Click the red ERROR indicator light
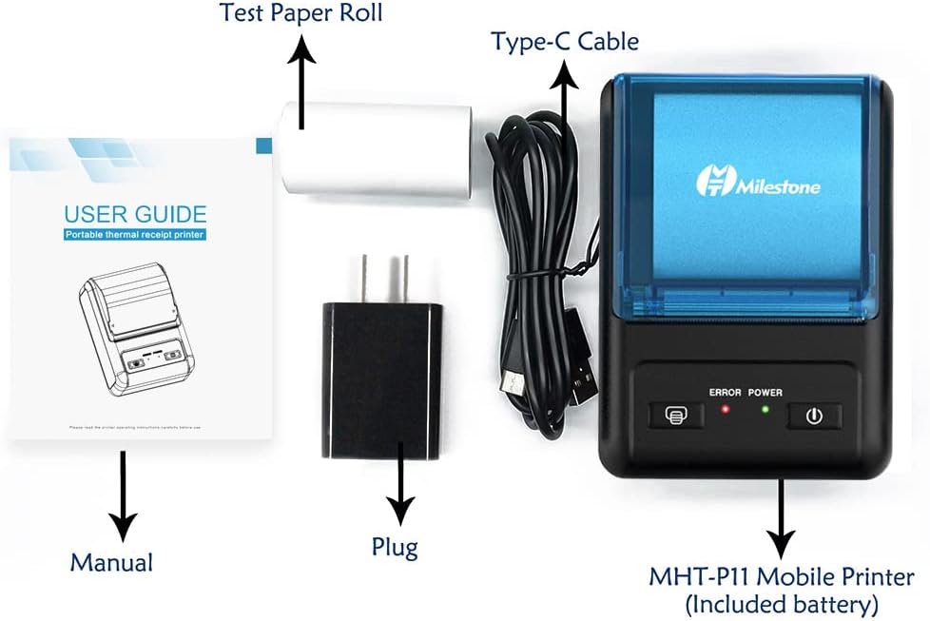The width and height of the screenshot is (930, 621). pyautogui.click(x=725, y=411)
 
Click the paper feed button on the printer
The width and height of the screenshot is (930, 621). pyautogui.click(x=675, y=416)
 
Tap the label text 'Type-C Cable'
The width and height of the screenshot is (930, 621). pyautogui.click(x=564, y=42)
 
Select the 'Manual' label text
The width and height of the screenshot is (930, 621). pyautogui.click(x=111, y=562)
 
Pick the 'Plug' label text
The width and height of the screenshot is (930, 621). pyautogui.click(x=395, y=547)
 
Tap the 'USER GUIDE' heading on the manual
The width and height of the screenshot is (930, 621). pyautogui.click(x=135, y=213)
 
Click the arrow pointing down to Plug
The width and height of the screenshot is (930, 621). pyautogui.click(x=400, y=486)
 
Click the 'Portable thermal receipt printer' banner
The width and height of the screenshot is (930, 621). pyautogui.click(x=135, y=235)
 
